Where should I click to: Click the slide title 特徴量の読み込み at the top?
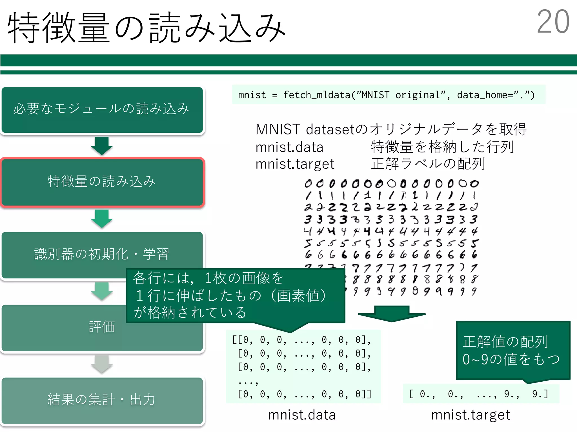coord(147,28)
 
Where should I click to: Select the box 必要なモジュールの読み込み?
coord(102,109)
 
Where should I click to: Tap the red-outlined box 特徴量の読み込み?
coord(102,182)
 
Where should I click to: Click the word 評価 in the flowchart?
coord(102,327)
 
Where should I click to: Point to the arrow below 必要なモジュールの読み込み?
coord(102,146)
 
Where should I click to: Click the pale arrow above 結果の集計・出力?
coord(102,364)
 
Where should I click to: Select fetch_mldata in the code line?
coord(317,95)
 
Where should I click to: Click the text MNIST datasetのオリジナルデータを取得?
coord(391,129)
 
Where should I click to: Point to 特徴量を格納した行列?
coord(442,147)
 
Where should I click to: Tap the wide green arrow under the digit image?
coord(392,314)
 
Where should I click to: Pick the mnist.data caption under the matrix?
coord(302,415)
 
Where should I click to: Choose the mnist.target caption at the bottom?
coord(471,415)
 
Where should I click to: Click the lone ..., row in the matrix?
coord(248,381)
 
